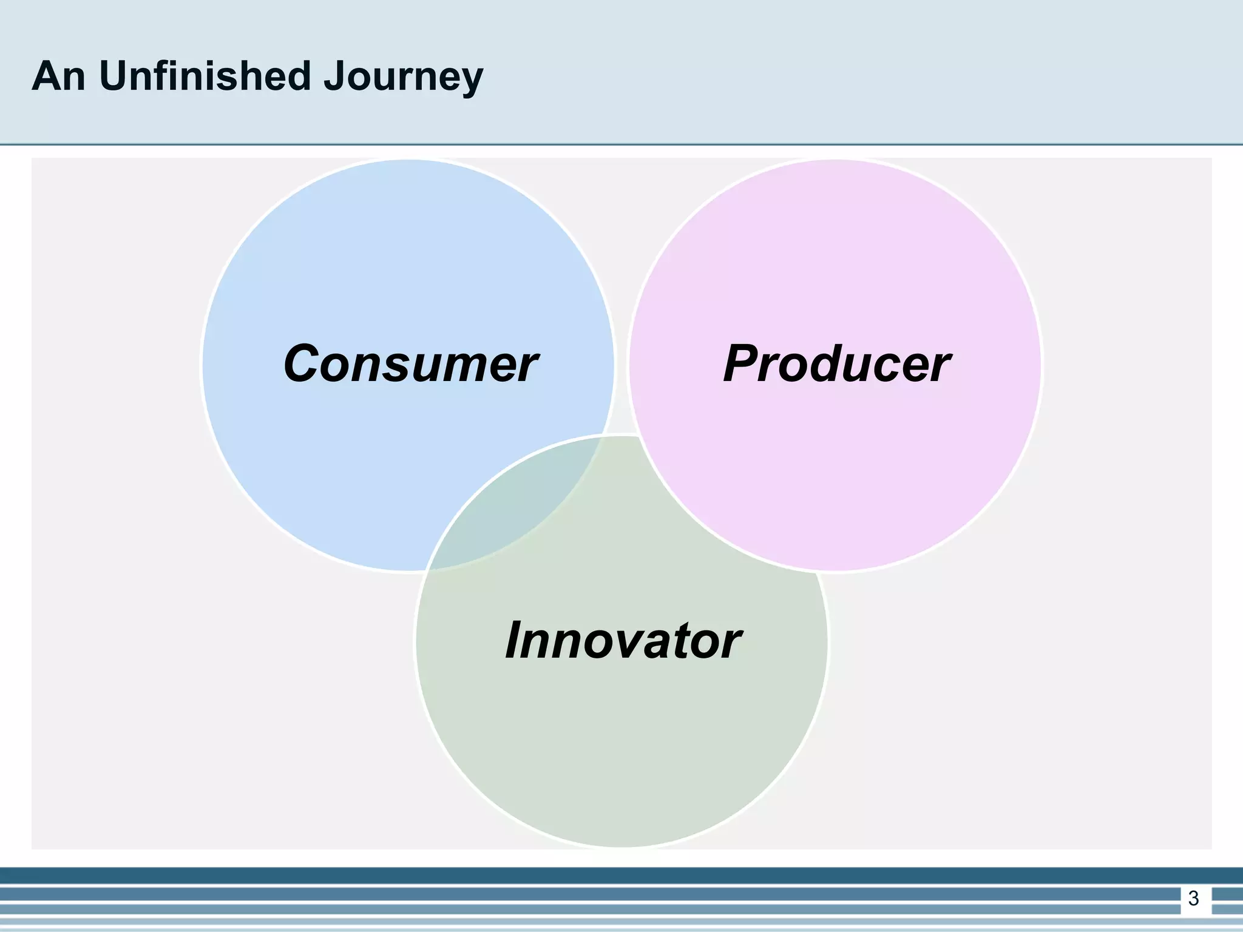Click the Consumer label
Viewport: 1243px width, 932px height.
[x=410, y=364]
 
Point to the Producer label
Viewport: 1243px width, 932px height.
[x=836, y=364]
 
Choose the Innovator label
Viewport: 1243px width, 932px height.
[x=622, y=641]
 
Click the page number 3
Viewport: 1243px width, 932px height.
[x=1193, y=898]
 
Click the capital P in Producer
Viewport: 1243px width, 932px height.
[x=745, y=364]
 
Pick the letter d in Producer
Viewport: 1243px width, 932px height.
[x=835, y=364]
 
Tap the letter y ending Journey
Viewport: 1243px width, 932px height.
[x=471, y=82]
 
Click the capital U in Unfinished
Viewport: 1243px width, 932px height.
[x=113, y=77]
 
